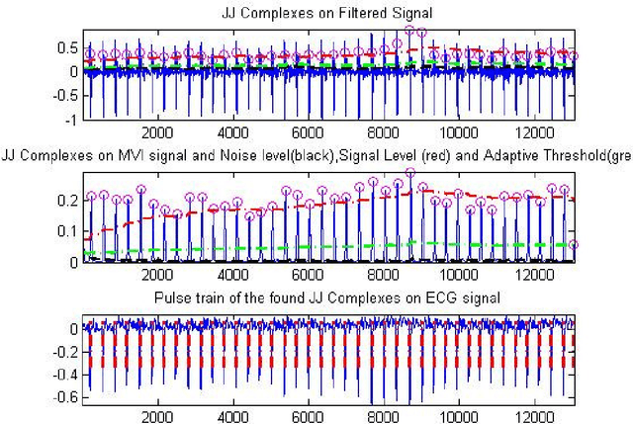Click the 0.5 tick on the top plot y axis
(64, 46)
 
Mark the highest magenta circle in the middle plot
(410, 173)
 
